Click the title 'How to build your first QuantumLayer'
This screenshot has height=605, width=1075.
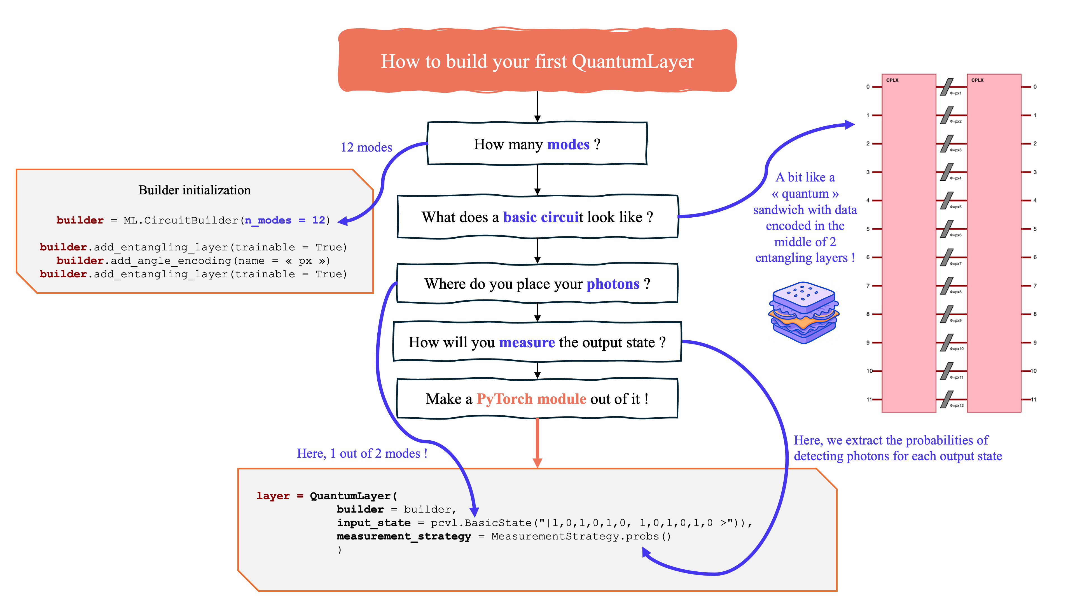537,61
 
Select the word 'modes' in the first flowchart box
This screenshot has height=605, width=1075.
568,145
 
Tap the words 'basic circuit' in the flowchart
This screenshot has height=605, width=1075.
543,217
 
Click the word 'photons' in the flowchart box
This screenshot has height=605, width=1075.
613,284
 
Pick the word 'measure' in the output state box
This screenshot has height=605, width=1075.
527,342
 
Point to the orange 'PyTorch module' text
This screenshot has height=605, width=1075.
531,399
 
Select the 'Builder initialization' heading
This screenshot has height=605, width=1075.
195,190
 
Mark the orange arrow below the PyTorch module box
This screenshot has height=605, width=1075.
537,443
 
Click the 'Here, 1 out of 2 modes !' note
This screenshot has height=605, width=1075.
362,453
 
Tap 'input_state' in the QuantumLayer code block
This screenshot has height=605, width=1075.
373,523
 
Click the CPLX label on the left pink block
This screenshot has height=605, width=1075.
892,80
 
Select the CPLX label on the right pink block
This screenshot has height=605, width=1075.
977,80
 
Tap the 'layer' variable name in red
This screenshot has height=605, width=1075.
273,496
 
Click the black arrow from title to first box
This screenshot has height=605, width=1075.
537,106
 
